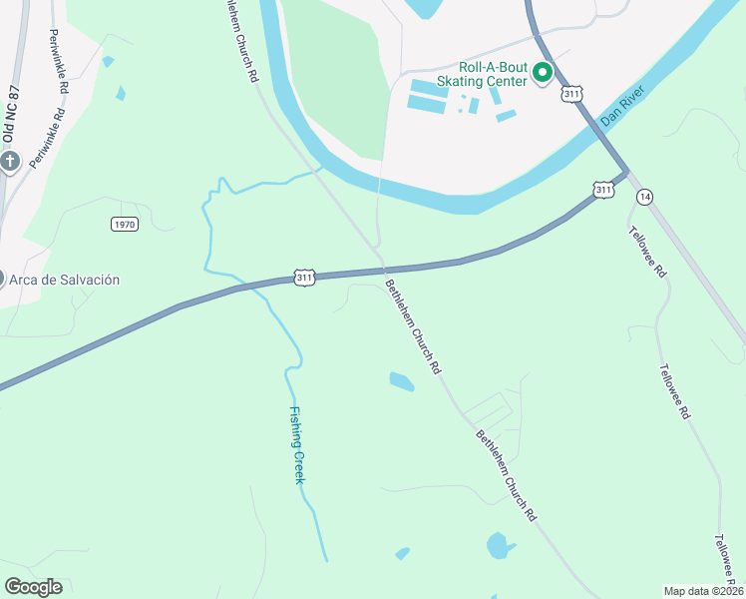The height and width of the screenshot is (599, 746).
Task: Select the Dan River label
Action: click(x=624, y=104)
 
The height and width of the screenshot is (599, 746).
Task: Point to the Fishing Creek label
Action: click(x=296, y=445)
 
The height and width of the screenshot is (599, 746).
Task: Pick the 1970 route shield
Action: click(x=124, y=225)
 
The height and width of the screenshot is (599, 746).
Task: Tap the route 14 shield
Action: click(x=645, y=197)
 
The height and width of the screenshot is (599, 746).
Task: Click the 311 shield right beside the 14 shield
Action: click(x=603, y=190)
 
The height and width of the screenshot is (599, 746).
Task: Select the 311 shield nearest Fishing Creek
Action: click(x=305, y=277)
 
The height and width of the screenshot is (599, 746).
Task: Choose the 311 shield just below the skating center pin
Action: click(x=571, y=94)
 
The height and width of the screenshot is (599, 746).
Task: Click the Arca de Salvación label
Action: click(x=65, y=280)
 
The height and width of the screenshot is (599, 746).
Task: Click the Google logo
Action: click(x=33, y=587)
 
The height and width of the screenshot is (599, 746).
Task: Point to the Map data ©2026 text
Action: click(x=702, y=591)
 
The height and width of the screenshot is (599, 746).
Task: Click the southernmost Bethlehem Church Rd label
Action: click(x=506, y=475)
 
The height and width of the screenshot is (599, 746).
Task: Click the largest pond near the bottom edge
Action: click(x=497, y=546)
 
